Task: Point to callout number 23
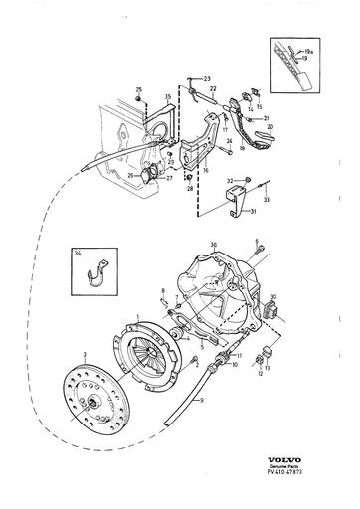(x=206, y=78)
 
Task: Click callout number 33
(x=266, y=200)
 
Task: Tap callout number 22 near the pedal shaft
(x=212, y=88)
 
